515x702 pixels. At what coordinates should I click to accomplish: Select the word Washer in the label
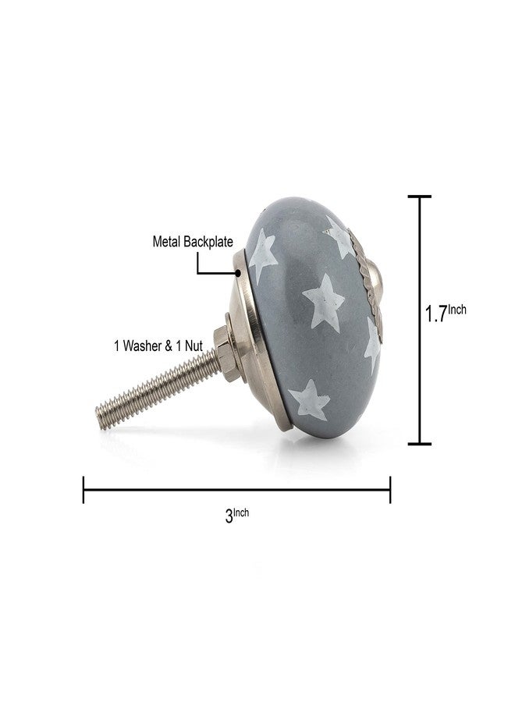click(x=144, y=346)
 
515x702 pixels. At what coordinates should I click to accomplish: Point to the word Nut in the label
click(x=194, y=346)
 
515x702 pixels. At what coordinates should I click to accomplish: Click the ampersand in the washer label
click(x=169, y=346)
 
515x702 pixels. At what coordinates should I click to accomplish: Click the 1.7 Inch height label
click(x=446, y=313)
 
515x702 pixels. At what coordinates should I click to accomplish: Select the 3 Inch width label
click(x=237, y=516)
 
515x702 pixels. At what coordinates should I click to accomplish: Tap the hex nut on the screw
click(x=226, y=353)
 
